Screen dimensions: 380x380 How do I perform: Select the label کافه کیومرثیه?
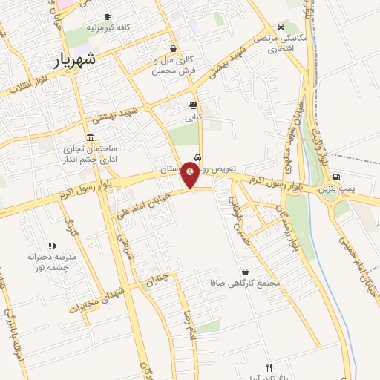point(108,27)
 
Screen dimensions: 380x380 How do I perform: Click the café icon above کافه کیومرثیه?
point(108,16)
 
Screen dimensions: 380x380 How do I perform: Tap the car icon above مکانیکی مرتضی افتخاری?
point(281,26)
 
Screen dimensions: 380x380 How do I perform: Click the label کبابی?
point(193,117)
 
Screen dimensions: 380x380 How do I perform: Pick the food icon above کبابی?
point(193,105)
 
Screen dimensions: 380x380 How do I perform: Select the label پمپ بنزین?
point(338,189)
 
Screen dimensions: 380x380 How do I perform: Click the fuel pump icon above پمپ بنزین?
point(338,177)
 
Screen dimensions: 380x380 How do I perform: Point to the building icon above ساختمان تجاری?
point(90,137)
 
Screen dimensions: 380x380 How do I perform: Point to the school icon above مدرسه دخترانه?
point(52,246)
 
